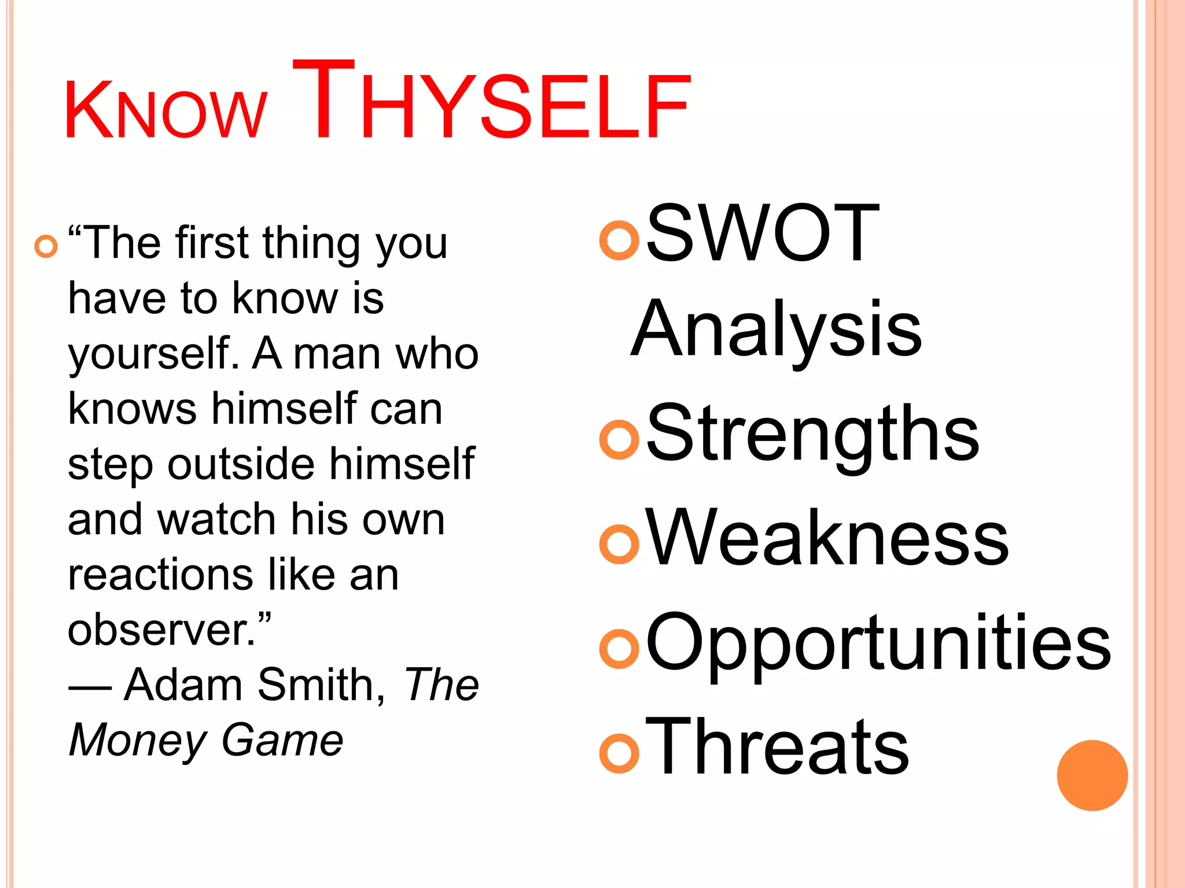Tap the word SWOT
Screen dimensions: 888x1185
pos(762,234)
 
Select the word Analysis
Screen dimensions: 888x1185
pos(776,330)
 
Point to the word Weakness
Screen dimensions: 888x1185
pos(827,538)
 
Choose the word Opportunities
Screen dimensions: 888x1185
pos(878,643)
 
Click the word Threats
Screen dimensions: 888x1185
pos(776,747)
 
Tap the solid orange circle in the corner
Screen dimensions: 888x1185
pos(1092,775)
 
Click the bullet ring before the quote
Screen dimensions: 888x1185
pos(46,246)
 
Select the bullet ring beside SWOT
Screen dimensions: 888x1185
pos(619,240)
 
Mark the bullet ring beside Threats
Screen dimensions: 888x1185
pos(619,753)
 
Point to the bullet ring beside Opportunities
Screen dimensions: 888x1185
pos(619,649)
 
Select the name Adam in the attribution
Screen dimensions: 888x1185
pos(183,685)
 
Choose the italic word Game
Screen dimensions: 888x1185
pos(282,741)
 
